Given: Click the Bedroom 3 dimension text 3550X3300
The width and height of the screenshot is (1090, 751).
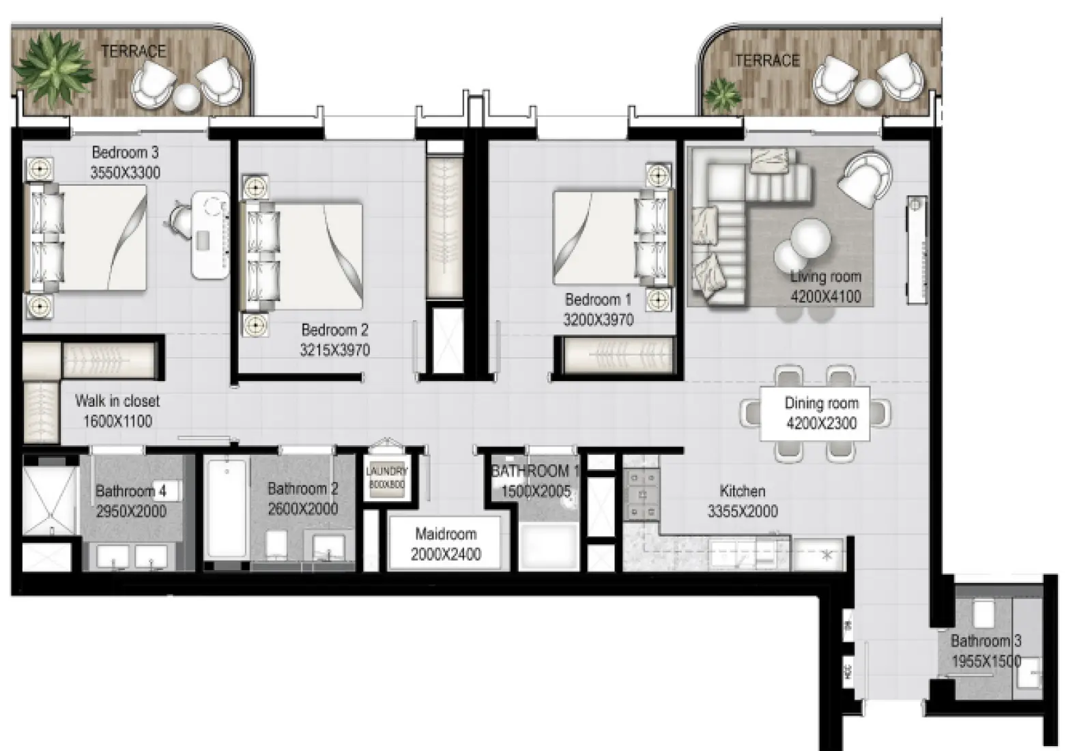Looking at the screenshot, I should (x=126, y=173).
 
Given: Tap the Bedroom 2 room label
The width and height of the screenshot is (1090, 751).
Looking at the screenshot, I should (x=334, y=330).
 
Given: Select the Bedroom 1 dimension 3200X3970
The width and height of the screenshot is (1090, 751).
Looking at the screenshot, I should (x=598, y=320).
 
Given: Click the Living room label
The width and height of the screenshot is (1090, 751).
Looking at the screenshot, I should (x=825, y=277).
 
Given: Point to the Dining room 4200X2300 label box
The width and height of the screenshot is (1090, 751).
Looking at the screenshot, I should (x=820, y=413).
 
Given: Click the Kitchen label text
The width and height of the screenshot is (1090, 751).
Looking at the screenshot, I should (x=742, y=491).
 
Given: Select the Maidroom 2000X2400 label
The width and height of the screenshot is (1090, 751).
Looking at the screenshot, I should (x=446, y=544).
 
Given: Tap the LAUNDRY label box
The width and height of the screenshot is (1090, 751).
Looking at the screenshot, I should (x=386, y=477).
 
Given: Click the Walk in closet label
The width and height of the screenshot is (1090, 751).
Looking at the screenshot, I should (x=117, y=401).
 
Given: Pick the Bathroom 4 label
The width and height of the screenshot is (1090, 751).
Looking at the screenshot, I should (x=130, y=491).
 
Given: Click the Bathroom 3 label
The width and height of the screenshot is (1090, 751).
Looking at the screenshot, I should (x=986, y=641).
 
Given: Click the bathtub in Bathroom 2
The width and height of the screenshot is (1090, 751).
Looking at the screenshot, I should (x=227, y=509).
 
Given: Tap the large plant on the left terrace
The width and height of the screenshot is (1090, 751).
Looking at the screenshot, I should (x=53, y=68).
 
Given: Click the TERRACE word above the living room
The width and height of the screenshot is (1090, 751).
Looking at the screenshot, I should (x=766, y=61).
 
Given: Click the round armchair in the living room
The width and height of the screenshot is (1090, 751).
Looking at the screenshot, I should (x=864, y=178).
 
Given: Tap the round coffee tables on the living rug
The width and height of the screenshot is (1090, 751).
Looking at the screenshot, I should (x=803, y=246).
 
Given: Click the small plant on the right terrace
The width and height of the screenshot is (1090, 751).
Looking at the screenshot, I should (x=722, y=94).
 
